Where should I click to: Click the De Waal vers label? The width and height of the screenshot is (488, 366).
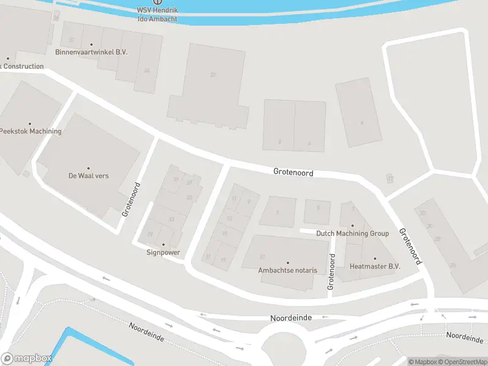coord(88,176)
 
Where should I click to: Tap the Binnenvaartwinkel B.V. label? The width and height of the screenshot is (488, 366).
coord(91,52)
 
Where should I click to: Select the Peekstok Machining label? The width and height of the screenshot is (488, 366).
coord(30,131)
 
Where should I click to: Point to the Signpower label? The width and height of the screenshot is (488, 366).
coord(163,252)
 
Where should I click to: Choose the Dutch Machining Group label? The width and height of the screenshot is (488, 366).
coord(352,234)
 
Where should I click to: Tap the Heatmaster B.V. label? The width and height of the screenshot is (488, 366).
coord(375,267)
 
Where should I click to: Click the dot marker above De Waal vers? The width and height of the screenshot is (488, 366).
coord(88,168)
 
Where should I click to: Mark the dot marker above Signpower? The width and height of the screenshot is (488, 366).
coord(163,244)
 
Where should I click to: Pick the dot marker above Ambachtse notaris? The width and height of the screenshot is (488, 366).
coord(288,262)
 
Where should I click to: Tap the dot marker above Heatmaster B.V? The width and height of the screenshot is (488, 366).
coord(375,259)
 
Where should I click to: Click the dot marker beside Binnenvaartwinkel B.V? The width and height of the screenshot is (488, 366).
coord(91,45)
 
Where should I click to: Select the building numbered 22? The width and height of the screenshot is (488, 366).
coord(212,75)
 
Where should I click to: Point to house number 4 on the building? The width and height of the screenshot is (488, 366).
coord(361,123)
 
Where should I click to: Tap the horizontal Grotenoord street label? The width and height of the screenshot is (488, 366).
coord(293,173)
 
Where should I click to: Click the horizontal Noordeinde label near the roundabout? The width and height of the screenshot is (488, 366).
coord(291,318)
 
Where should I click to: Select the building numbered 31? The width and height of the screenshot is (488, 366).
coord(262,256)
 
